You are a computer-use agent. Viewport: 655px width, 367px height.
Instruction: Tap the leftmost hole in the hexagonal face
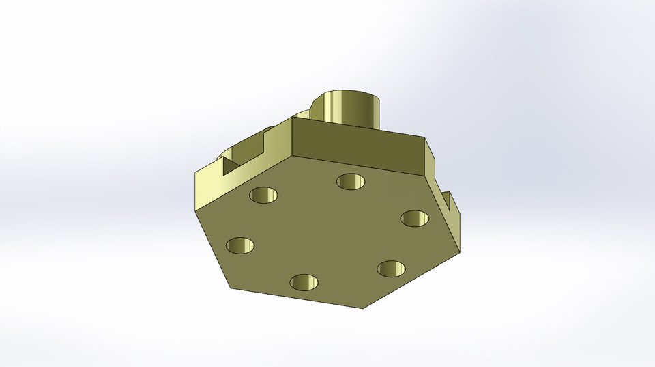(x=240, y=245)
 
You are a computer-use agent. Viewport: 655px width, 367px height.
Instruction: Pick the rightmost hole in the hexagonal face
(x=414, y=219)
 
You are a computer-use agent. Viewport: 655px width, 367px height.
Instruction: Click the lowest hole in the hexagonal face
(x=304, y=282)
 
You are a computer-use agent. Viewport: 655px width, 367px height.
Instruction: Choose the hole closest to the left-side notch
(x=264, y=195)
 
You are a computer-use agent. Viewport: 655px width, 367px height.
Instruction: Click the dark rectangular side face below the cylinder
(x=358, y=147)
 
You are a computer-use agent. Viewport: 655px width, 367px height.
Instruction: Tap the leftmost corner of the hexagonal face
(x=195, y=210)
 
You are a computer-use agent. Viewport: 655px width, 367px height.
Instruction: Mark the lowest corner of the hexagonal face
(x=362, y=308)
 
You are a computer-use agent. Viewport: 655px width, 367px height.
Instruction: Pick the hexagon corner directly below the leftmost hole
(x=231, y=288)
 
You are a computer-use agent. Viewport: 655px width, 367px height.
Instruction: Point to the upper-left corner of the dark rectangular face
(x=293, y=118)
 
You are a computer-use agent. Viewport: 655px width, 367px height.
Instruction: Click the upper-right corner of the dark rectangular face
(x=424, y=139)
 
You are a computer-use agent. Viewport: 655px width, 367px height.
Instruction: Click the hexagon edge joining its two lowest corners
(x=296, y=299)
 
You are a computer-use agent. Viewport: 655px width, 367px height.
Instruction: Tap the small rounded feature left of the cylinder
(x=302, y=113)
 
